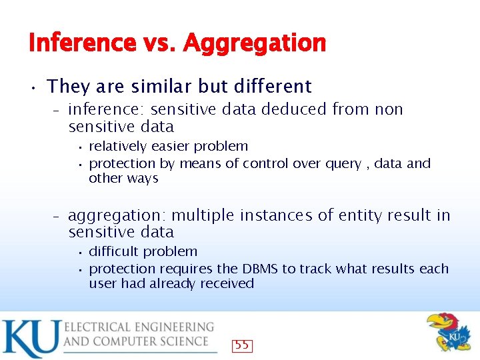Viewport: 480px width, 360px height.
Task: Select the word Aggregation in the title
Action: click(254, 44)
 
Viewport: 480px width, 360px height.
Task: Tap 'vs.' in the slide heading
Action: click(159, 44)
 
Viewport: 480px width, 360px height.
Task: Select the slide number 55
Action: click(242, 345)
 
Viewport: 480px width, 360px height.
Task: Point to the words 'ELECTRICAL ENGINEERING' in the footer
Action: click(139, 327)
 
